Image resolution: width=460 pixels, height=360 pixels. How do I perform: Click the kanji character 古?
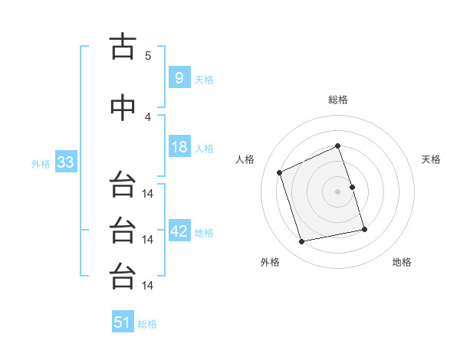tap(123, 47)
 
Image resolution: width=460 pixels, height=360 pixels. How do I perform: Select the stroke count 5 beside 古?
tap(148, 55)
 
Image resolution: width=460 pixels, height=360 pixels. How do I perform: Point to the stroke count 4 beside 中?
tap(148, 116)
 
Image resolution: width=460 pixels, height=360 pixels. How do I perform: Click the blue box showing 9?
tap(179, 77)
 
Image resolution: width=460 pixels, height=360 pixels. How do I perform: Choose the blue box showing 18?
tap(179, 147)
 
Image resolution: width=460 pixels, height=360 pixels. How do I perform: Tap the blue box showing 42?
tap(179, 231)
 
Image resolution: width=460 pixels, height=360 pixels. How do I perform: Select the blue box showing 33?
tap(64, 162)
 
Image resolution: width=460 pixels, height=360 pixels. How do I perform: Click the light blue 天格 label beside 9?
tap(204, 79)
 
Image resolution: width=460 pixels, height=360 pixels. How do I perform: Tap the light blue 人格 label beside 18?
tap(204, 149)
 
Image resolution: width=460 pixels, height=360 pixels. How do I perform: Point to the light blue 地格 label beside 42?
tap(204, 233)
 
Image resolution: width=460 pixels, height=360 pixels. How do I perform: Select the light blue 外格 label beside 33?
tap(41, 164)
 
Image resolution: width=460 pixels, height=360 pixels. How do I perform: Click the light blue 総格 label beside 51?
tap(147, 324)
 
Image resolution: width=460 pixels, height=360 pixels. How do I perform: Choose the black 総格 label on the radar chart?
tap(338, 100)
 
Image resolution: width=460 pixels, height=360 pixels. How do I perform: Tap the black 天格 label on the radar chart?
tap(432, 159)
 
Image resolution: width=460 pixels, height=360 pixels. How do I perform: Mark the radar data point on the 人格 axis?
tap(280, 172)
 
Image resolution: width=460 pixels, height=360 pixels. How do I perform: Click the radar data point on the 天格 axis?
tap(352, 187)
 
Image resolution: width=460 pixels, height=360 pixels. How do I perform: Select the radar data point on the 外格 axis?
tap(302, 241)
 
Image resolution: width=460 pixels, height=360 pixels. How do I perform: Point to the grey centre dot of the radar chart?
tap(338, 191)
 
